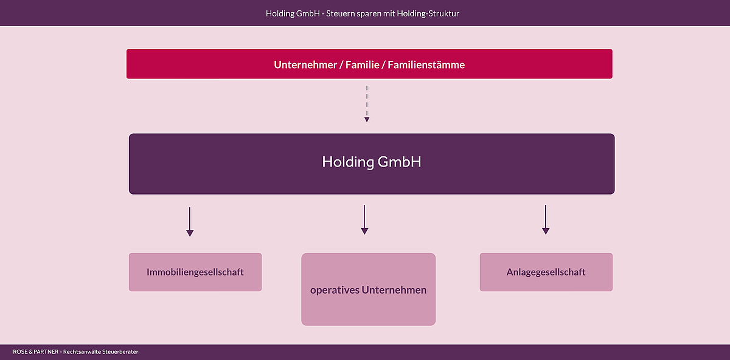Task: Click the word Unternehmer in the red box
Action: pyautogui.click(x=305, y=64)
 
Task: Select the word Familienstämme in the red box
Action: pyautogui.click(x=426, y=64)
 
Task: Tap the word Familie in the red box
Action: pyautogui.click(x=363, y=64)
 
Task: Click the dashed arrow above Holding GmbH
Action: pyautogui.click(x=367, y=104)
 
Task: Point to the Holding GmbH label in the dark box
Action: pyautogui.click(x=372, y=162)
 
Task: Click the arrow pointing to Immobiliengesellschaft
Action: pyautogui.click(x=190, y=222)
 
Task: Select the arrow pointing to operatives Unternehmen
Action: pyautogui.click(x=364, y=220)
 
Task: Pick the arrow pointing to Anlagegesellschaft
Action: pyautogui.click(x=546, y=220)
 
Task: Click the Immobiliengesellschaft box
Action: pyautogui.click(x=195, y=272)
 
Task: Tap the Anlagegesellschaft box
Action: pyautogui.click(x=546, y=272)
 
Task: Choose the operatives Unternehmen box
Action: pyautogui.click(x=368, y=289)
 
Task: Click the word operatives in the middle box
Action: pyautogui.click(x=335, y=290)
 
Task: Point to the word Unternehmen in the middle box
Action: pyautogui.click(x=394, y=290)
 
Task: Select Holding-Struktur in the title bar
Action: pyautogui.click(x=428, y=14)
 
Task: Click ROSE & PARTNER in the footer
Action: pyautogui.click(x=35, y=352)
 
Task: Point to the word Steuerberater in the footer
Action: pyautogui.click(x=120, y=352)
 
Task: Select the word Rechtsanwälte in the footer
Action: pyautogui.click(x=82, y=352)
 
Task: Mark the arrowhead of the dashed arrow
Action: pyautogui.click(x=367, y=120)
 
